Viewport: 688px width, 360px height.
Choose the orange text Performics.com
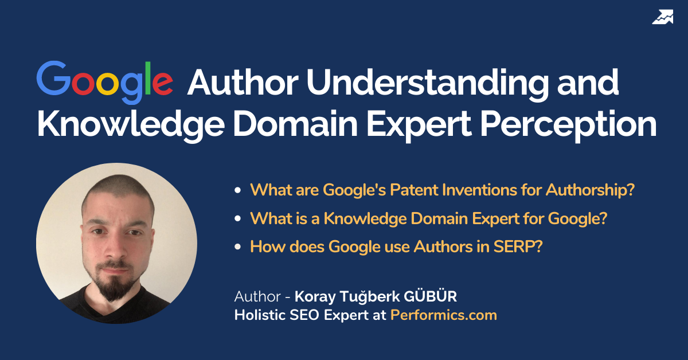[443, 315]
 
